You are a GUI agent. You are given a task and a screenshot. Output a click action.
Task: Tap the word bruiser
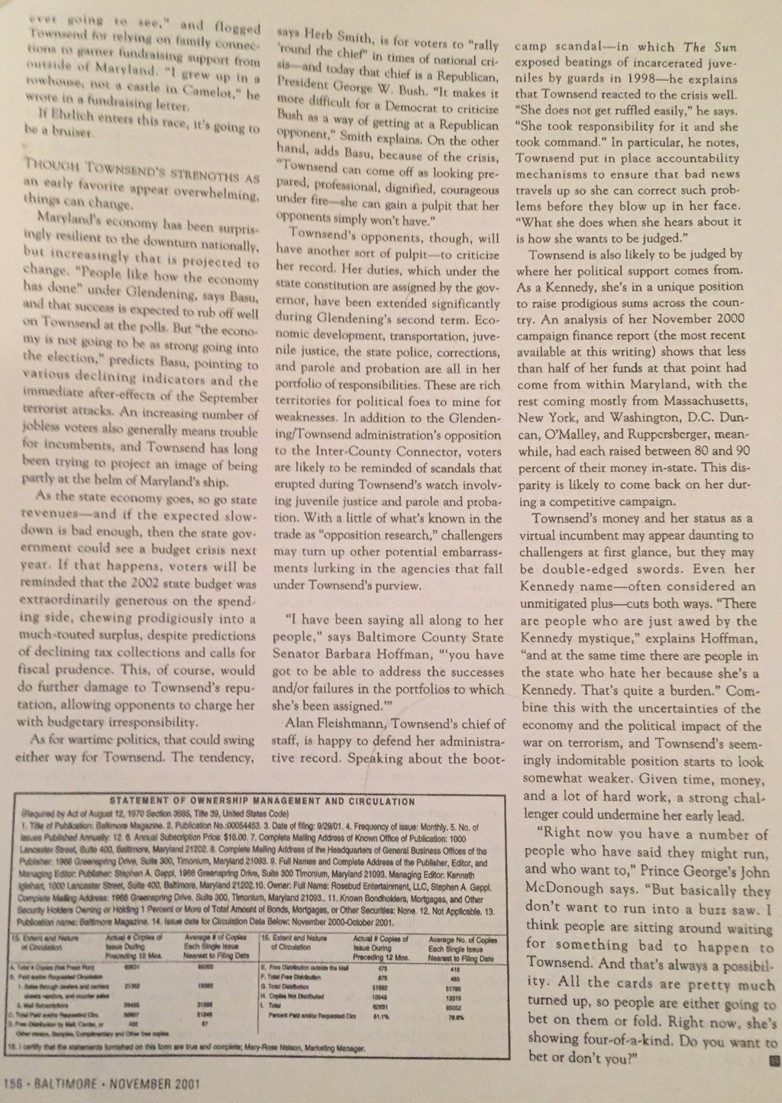[73, 132]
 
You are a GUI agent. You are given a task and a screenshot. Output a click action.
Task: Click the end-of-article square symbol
[773, 1060]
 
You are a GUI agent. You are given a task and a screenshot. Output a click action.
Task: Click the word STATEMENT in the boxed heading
[142, 801]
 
